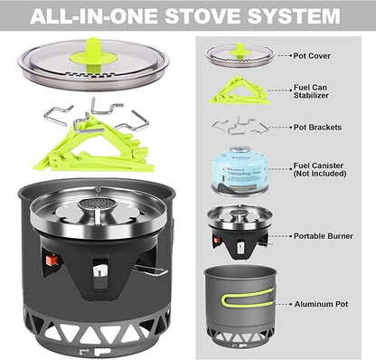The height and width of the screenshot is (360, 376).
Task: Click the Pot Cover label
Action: pos(312,55)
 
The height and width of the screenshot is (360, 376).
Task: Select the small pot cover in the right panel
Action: pos(239,54)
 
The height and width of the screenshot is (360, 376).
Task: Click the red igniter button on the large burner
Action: pos(52,262)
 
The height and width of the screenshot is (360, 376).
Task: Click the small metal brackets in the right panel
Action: pos(238,125)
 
